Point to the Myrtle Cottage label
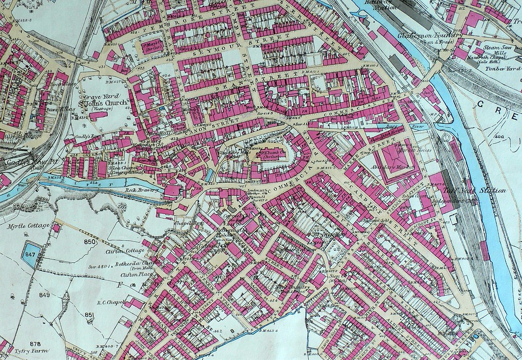(x=28, y=225)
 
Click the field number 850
(x=90, y=242)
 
